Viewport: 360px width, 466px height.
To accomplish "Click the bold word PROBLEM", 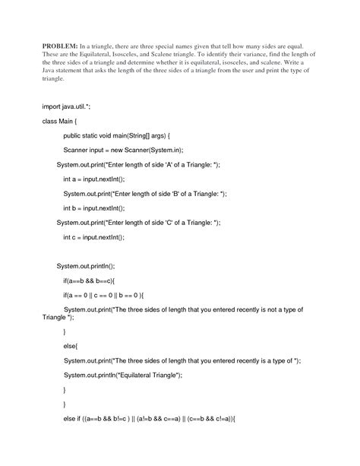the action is click(59, 45).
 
